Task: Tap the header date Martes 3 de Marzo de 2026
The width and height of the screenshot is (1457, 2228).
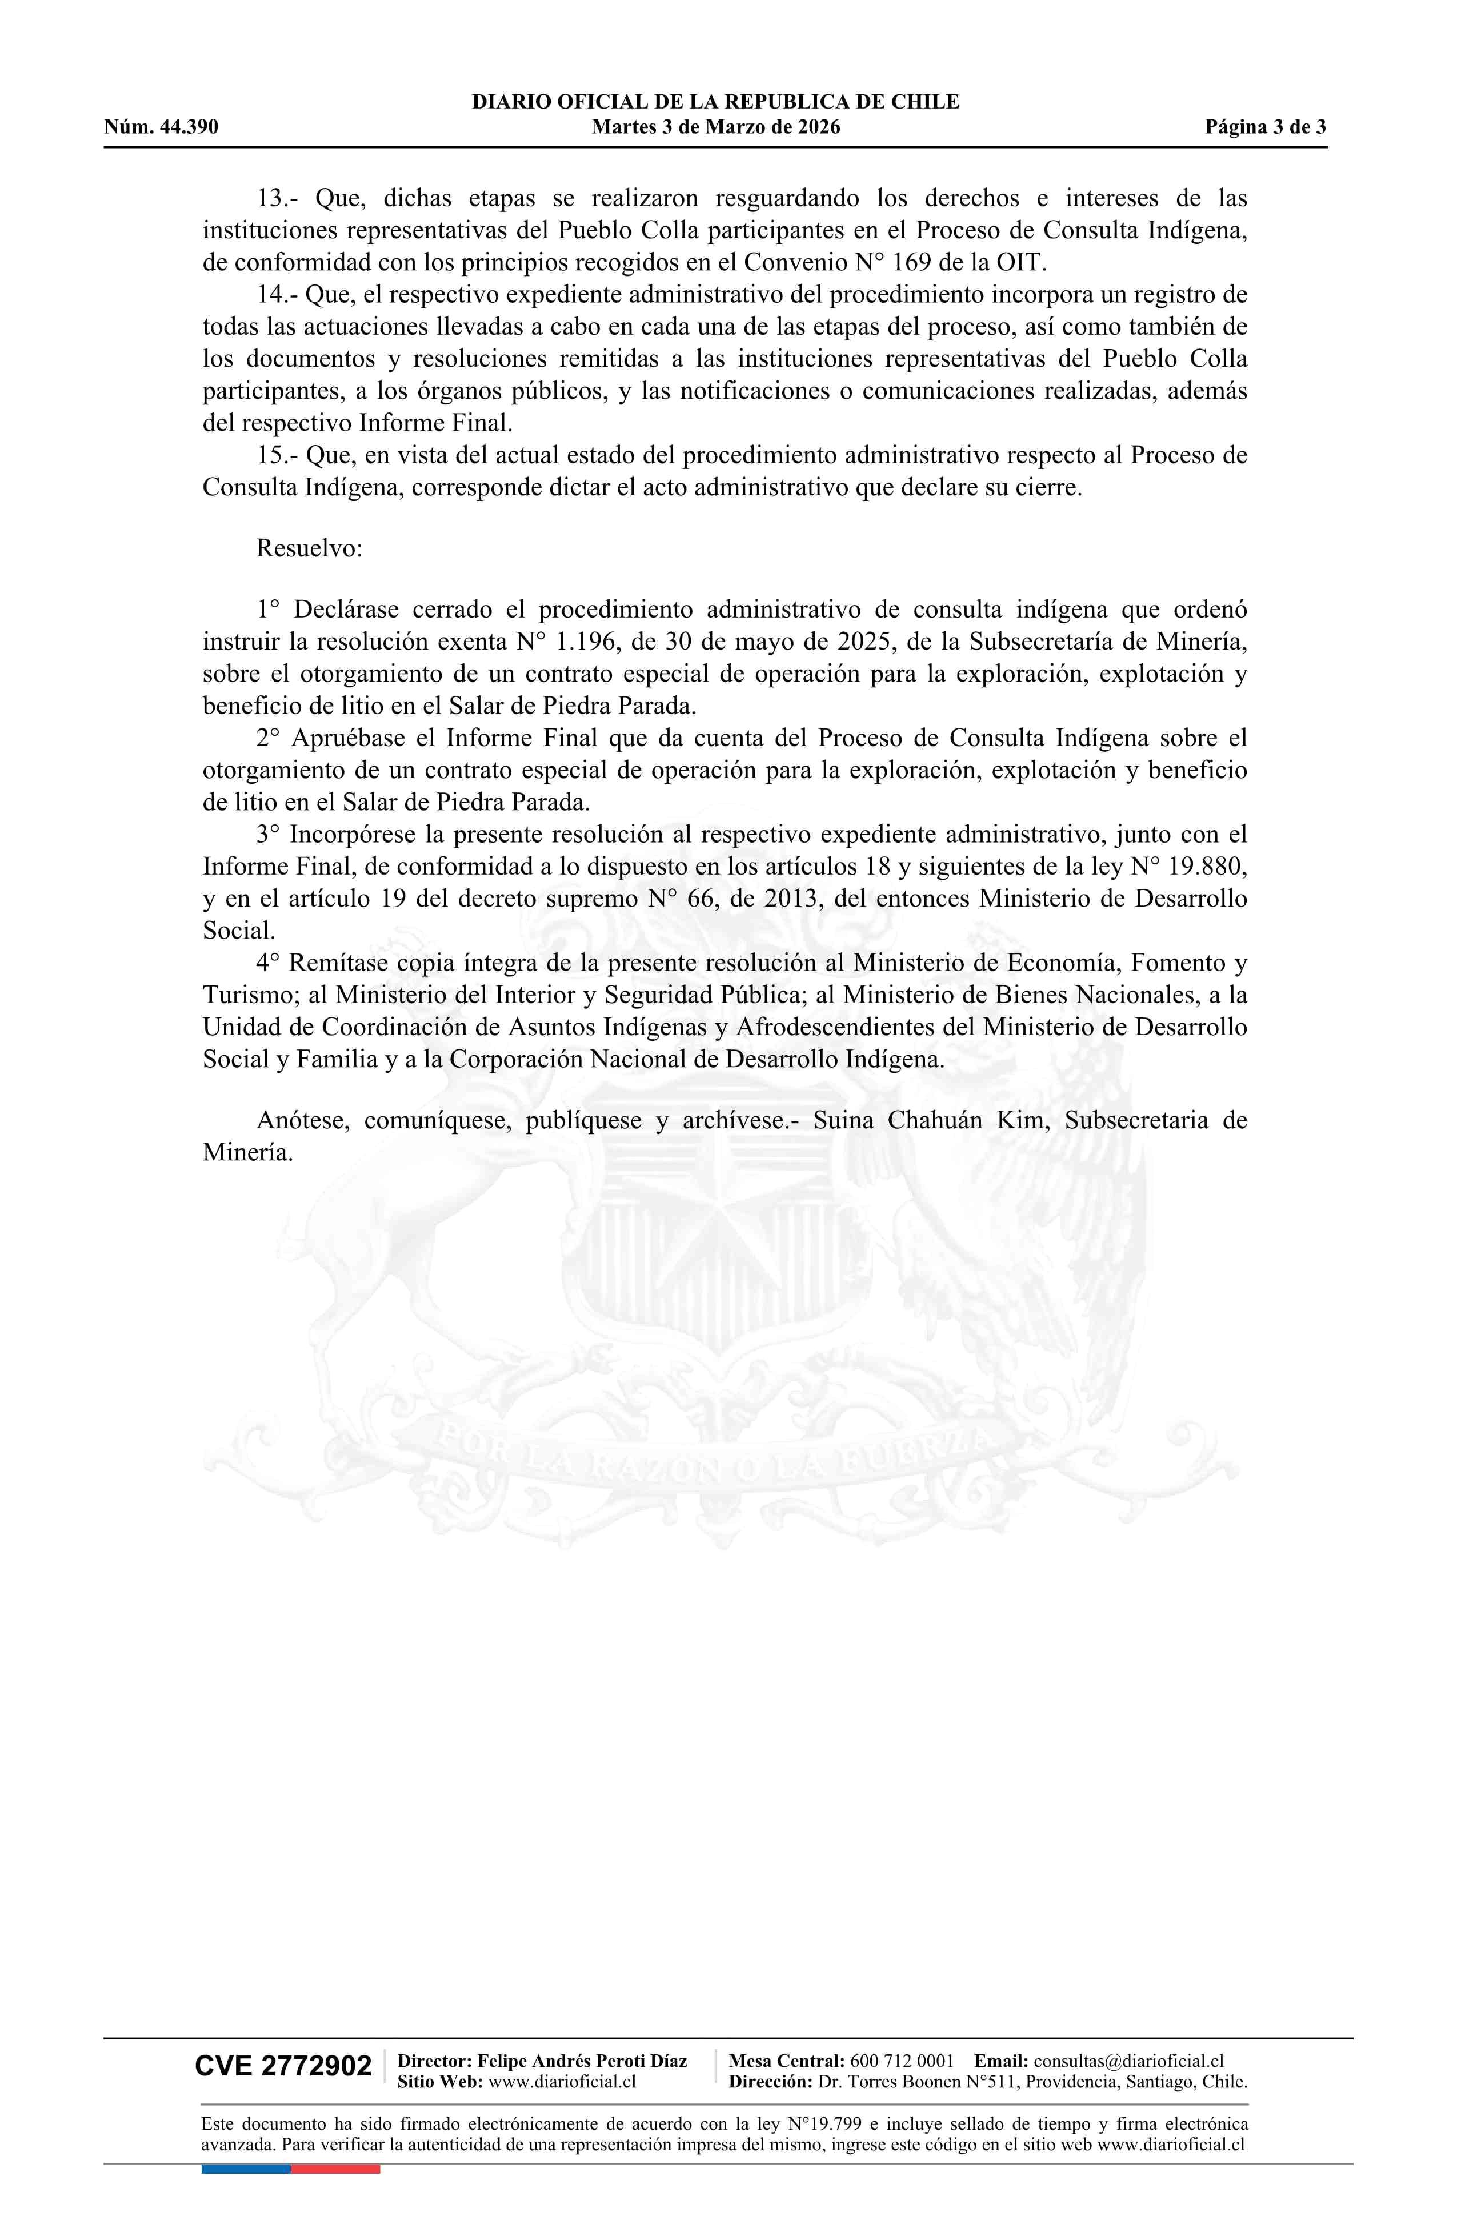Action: click(715, 127)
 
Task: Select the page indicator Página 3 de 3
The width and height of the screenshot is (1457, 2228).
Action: click(1265, 127)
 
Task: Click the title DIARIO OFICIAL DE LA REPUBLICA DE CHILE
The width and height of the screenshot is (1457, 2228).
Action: click(715, 102)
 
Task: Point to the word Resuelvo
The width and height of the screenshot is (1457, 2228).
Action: click(309, 548)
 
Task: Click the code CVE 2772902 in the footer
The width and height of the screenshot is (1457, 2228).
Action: click(283, 2066)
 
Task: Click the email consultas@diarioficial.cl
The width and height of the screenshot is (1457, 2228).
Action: click(1128, 2061)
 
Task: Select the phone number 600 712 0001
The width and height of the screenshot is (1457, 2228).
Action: click(902, 2061)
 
